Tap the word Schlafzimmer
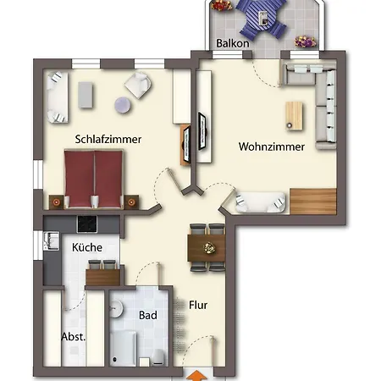[108, 139]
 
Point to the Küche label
[87, 247]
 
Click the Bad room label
[148, 315]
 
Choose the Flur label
[198, 305]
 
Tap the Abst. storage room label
[72, 336]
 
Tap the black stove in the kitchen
[89, 224]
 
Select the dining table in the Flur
[207, 247]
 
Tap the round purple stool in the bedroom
[123, 105]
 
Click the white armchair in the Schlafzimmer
[136, 85]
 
